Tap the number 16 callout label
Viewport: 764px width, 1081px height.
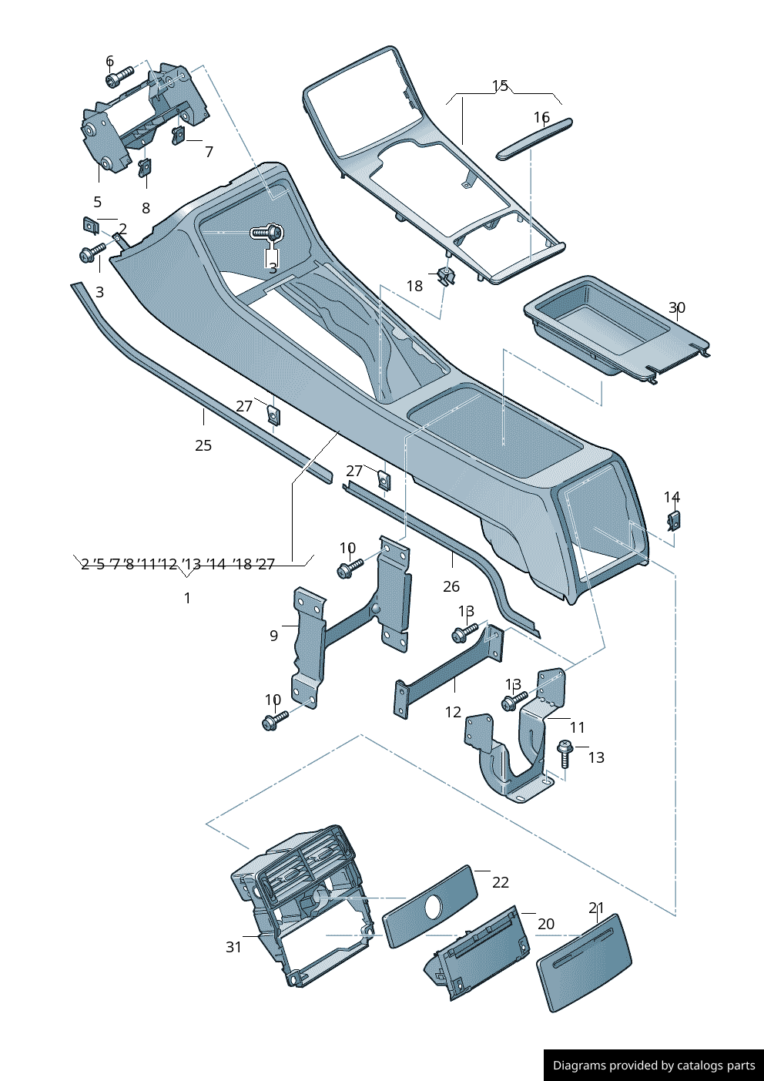pyautogui.click(x=541, y=118)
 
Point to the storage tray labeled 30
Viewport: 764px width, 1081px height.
pyautogui.click(x=608, y=327)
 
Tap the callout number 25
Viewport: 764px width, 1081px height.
pyautogui.click(x=203, y=445)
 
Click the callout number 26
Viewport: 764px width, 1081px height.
pyautogui.click(x=451, y=586)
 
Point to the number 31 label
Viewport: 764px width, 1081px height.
pyautogui.click(x=234, y=947)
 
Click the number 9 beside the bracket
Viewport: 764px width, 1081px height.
pyautogui.click(x=273, y=636)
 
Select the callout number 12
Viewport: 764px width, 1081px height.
pyautogui.click(x=453, y=712)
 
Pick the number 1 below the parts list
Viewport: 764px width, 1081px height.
pyautogui.click(x=187, y=598)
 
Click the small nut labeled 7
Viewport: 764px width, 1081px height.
pyautogui.click(x=179, y=135)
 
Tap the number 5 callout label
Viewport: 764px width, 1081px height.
pyautogui.click(x=97, y=202)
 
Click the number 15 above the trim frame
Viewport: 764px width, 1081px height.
pyautogui.click(x=500, y=86)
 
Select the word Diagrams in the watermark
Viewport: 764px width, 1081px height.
pyautogui.click(x=579, y=1066)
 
